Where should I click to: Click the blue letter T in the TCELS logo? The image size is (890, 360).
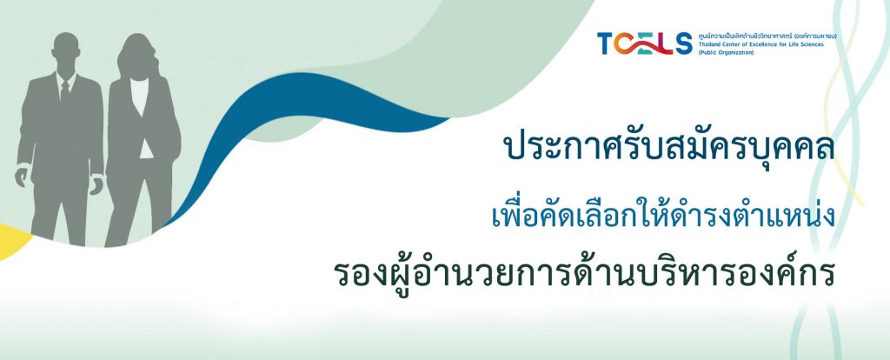point(605,43)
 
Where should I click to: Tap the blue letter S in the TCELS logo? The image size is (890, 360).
point(683,43)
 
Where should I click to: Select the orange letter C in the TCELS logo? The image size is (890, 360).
point(625,43)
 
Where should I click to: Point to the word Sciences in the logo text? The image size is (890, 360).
point(810,44)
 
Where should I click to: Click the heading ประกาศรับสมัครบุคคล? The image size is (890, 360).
point(669,146)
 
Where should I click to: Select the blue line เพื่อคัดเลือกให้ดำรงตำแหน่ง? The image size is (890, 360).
point(663,215)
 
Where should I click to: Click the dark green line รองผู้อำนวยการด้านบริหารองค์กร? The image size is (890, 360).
point(584,272)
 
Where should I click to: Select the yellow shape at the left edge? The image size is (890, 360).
point(12,241)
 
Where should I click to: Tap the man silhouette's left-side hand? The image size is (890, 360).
point(21,177)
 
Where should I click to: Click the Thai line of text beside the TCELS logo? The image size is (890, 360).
point(768,37)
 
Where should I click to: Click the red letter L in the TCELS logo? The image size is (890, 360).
point(666,43)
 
